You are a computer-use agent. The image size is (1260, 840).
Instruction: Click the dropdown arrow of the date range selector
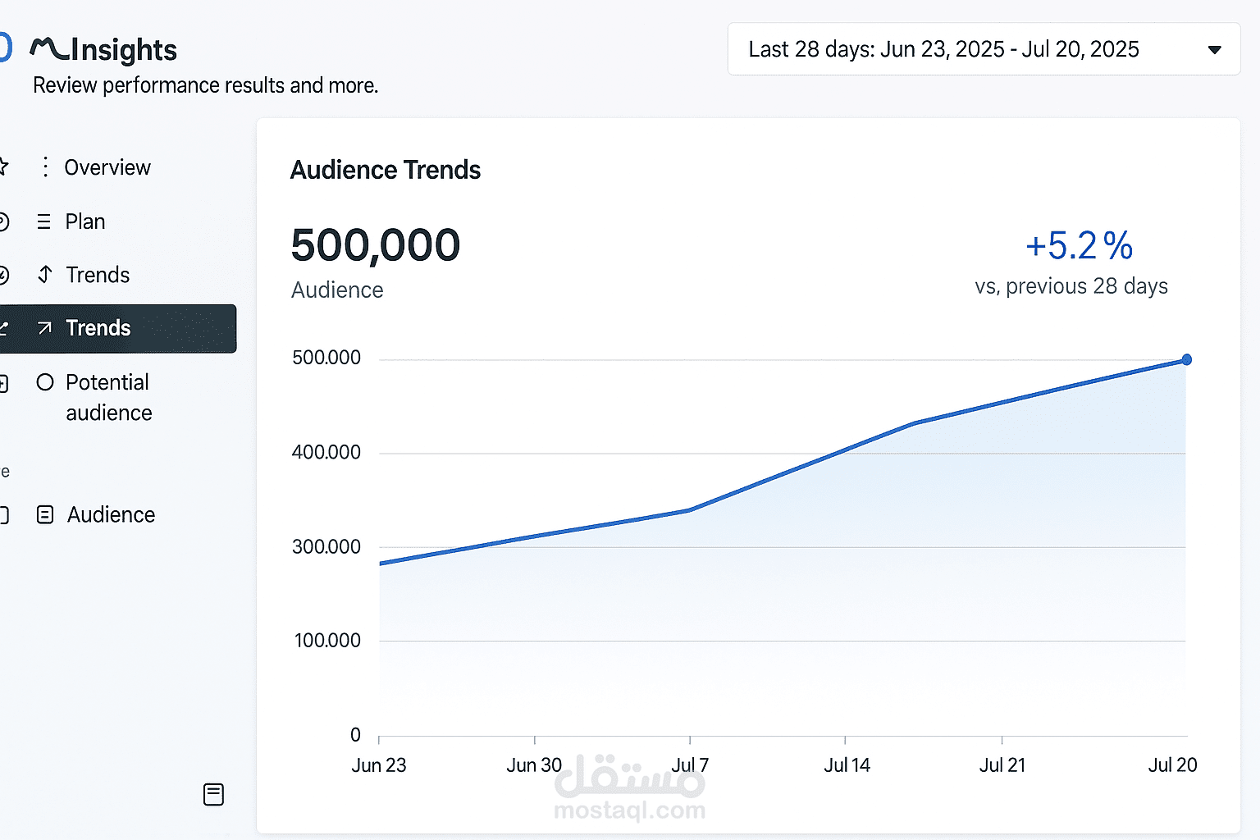pyautogui.click(x=1214, y=50)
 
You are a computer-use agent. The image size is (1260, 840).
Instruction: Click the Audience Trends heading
pyautogui.click(x=386, y=170)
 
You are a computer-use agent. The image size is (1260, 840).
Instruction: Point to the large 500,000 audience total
pyautogui.click(x=376, y=245)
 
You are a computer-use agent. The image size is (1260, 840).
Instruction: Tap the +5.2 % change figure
pyautogui.click(x=1079, y=245)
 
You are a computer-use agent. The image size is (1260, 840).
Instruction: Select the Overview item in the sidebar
pyautogui.click(x=107, y=167)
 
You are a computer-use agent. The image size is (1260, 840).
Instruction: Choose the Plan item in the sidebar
pyautogui.click(x=84, y=221)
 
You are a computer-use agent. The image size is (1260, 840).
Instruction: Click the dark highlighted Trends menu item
pyautogui.click(x=98, y=328)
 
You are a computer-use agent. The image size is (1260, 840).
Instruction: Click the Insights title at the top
pyautogui.click(x=123, y=50)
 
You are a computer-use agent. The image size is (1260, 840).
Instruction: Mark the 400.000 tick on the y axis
pyautogui.click(x=326, y=452)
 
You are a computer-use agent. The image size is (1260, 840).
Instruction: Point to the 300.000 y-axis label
pyautogui.click(x=326, y=546)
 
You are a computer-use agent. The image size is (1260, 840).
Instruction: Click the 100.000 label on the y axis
pyautogui.click(x=327, y=641)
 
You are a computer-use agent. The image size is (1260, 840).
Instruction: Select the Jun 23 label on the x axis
pyautogui.click(x=379, y=765)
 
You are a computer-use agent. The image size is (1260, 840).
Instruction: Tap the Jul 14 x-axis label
pyautogui.click(x=847, y=765)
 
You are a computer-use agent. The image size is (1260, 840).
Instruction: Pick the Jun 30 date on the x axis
pyautogui.click(x=534, y=765)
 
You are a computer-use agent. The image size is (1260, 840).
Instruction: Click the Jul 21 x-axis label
pyautogui.click(x=1002, y=765)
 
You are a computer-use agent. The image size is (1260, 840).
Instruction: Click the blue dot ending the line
pyautogui.click(x=1186, y=359)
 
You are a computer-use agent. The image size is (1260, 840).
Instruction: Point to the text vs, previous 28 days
pyautogui.click(x=1071, y=286)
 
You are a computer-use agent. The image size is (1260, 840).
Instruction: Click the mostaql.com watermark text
pyautogui.click(x=629, y=810)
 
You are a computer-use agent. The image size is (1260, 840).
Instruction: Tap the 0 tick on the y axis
pyautogui.click(x=355, y=735)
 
